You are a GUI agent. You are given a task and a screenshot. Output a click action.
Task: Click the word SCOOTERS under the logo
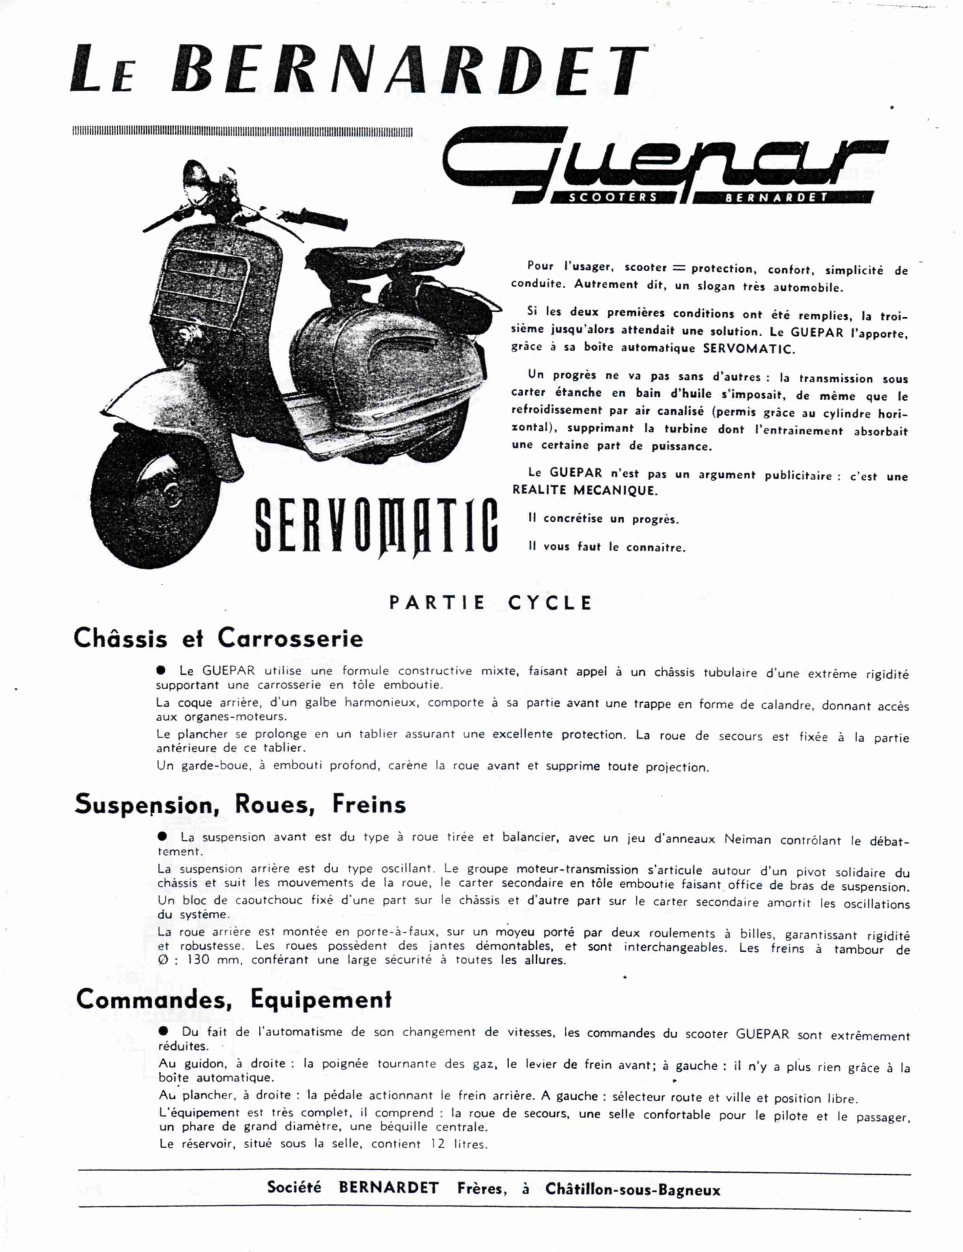tap(611, 197)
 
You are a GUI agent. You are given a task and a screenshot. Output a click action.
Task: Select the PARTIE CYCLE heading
tap(490, 603)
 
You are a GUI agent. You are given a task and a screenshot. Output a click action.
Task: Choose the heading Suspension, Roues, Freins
tap(240, 804)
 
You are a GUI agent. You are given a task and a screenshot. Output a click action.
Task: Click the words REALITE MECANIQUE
tap(585, 490)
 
